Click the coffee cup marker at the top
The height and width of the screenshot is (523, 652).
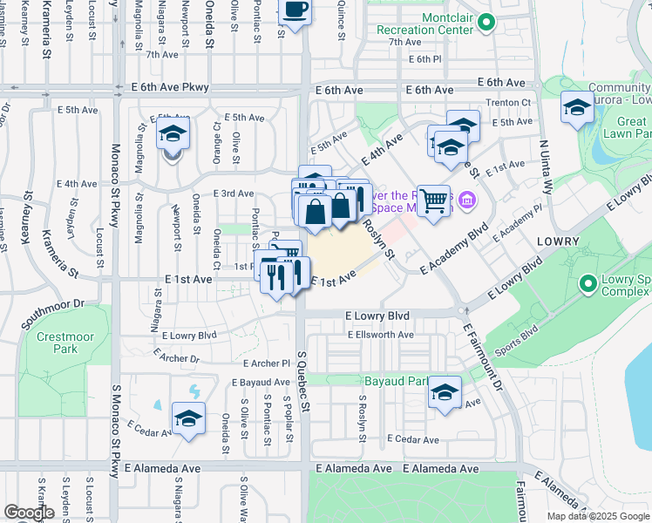pyautogui.click(x=295, y=11)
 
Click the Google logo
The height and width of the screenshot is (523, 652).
pyautogui.click(x=29, y=513)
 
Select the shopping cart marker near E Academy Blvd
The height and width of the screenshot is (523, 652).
pyautogui.click(x=432, y=201)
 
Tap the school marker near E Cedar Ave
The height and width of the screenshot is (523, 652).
pyautogui.click(x=188, y=419)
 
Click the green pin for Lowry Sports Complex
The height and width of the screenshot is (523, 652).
pyautogui.click(x=587, y=283)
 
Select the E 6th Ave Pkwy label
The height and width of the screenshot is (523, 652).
pyautogui.click(x=171, y=88)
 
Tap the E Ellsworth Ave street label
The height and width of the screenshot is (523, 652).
pyautogui.click(x=380, y=335)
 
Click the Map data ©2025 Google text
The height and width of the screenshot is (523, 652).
pyautogui.click(x=597, y=516)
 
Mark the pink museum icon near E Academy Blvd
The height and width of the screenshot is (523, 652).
pyautogui.click(x=467, y=202)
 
